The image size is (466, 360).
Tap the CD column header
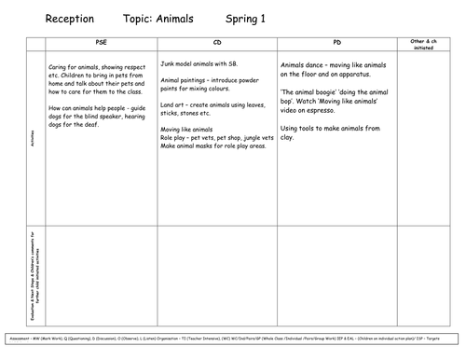point(216,44)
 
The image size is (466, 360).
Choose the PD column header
point(336,44)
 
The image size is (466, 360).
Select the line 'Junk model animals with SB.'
point(200,65)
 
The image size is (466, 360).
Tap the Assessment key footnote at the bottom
point(232,335)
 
